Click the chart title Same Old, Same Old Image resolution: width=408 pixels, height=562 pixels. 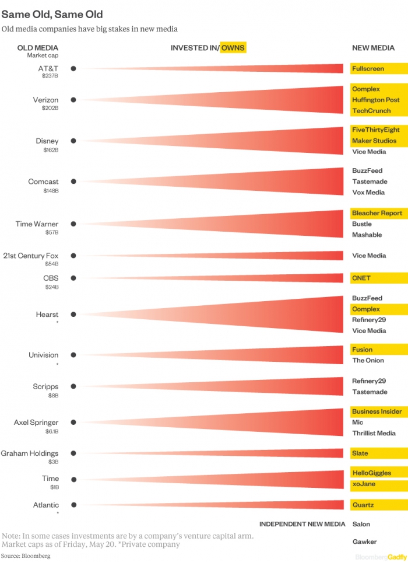coord(52,14)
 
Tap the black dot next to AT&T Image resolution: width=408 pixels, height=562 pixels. coord(73,68)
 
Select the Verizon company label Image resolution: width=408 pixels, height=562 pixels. coord(45,100)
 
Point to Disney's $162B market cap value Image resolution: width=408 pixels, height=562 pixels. coord(50,150)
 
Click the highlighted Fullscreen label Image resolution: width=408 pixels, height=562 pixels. coord(368,69)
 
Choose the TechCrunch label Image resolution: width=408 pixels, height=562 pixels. coord(371,111)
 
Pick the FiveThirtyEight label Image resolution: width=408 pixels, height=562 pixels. coord(375,130)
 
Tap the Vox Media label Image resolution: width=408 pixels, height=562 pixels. coord(368,193)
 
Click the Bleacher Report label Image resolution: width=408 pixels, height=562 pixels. coord(377,213)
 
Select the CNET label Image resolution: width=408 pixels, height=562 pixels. coord(361,278)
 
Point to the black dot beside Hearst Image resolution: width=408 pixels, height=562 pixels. coord(73,315)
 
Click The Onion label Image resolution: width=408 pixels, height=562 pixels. coord(368,361)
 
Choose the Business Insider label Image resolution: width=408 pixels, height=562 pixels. coord(377,411)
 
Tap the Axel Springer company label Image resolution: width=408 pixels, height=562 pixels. coord(36,423)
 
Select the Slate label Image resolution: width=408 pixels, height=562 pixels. coord(360,453)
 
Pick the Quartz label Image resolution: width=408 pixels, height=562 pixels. coord(363,505)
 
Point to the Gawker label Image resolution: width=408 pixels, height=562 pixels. coord(364,542)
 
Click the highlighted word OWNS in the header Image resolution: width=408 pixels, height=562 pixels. coord(233,48)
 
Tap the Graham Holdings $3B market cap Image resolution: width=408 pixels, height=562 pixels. coord(53,462)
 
